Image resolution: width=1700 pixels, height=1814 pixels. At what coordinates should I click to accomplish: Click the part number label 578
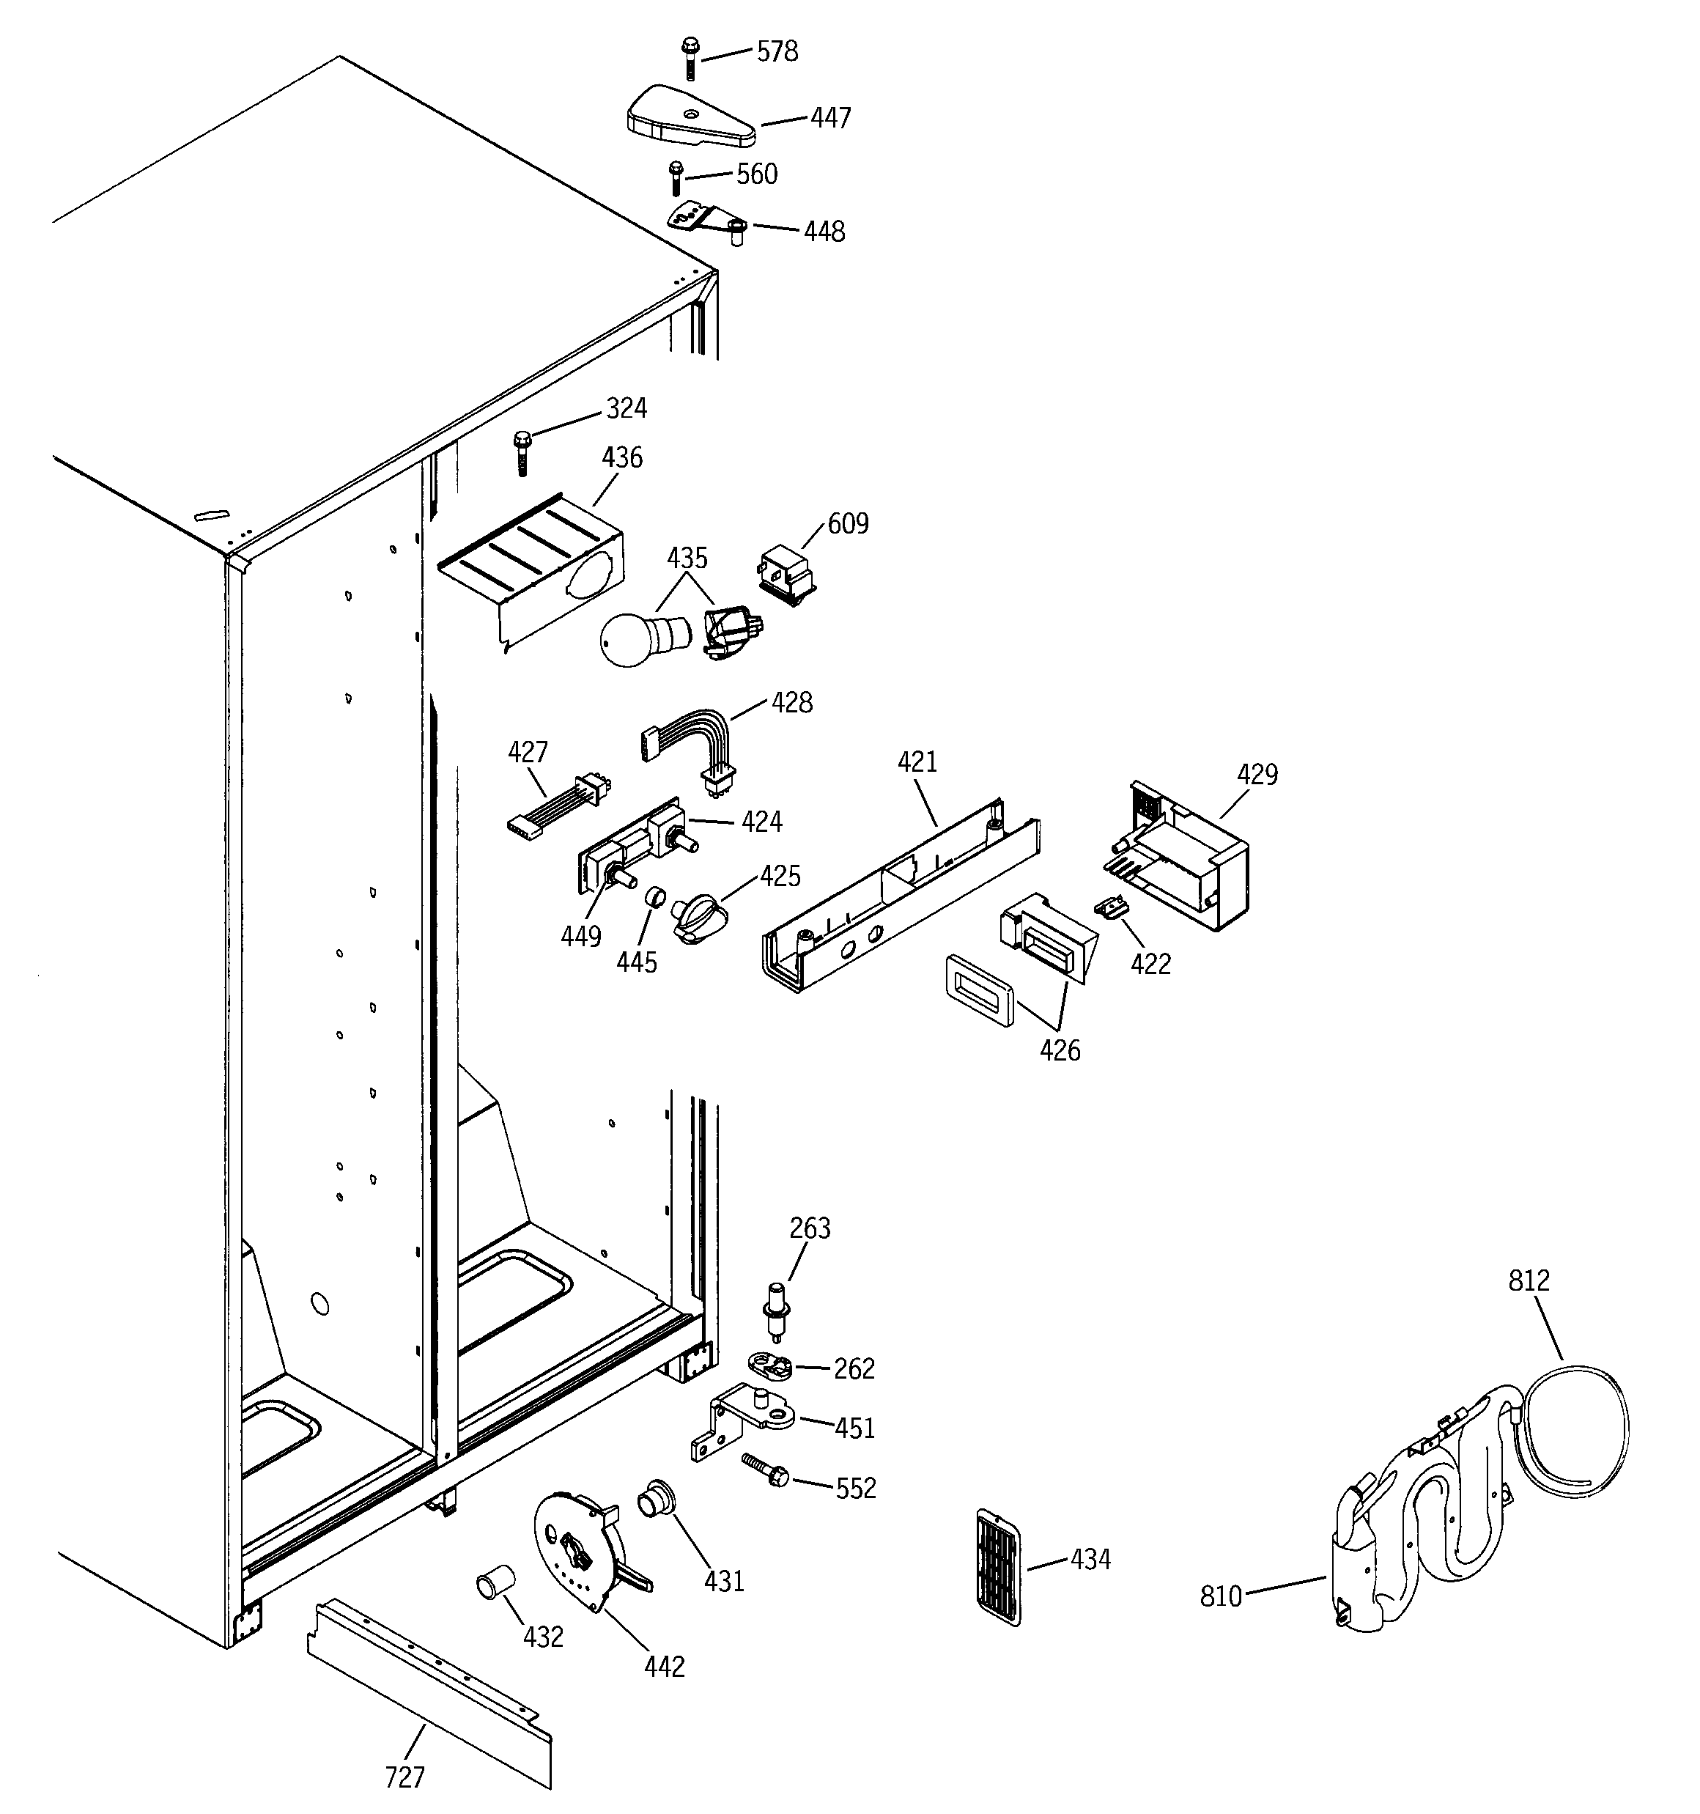[777, 52]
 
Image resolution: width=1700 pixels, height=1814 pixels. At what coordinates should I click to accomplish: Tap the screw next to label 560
[676, 178]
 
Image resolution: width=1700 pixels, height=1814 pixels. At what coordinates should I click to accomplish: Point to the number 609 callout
[848, 524]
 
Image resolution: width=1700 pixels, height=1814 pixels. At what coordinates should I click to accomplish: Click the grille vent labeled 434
[998, 1565]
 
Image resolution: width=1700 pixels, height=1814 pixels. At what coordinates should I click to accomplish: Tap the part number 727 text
[404, 1777]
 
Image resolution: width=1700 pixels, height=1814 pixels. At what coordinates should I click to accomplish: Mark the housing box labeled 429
[1186, 855]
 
